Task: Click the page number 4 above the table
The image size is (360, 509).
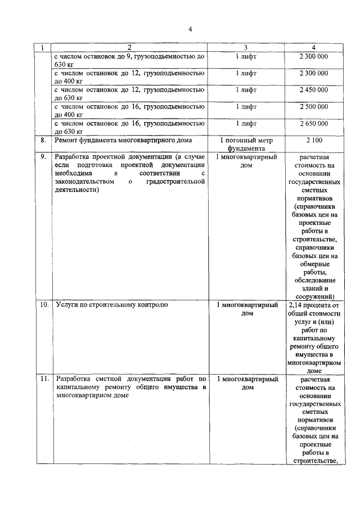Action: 190,29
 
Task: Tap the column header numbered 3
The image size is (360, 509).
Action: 246,47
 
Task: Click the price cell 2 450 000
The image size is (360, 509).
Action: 314,89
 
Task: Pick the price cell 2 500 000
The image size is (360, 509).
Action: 314,106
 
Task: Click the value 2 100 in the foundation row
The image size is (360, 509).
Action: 314,140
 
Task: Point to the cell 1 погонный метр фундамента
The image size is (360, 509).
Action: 246,144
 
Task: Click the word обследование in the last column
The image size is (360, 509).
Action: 314,280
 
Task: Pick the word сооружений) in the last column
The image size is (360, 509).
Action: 314,296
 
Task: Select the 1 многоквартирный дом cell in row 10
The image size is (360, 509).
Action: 246,309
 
